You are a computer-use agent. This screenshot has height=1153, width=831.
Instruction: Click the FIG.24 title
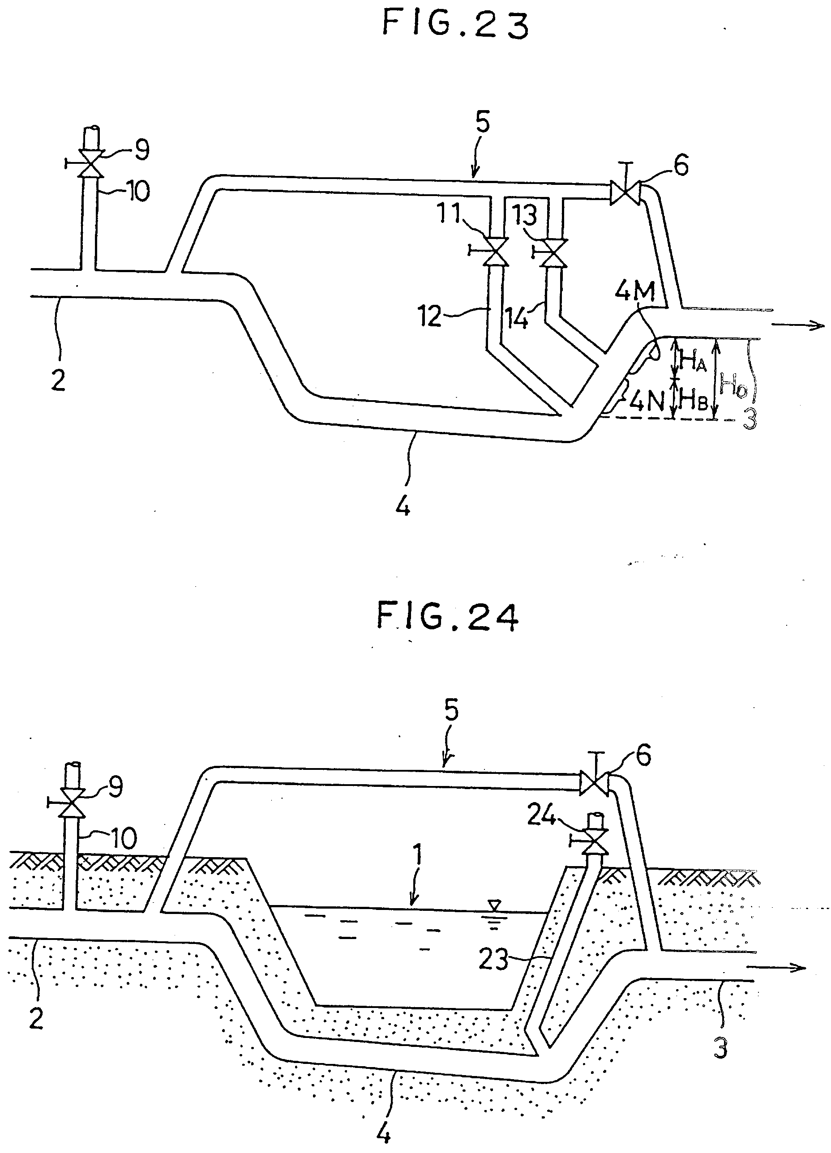point(448,616)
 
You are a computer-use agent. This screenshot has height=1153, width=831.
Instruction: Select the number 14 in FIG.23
point(516,319)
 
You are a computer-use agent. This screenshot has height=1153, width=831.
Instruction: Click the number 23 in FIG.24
point(493,958)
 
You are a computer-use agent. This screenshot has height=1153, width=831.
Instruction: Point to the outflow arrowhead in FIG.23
point(816,325)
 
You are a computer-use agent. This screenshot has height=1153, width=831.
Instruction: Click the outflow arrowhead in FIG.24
point(799,967)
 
